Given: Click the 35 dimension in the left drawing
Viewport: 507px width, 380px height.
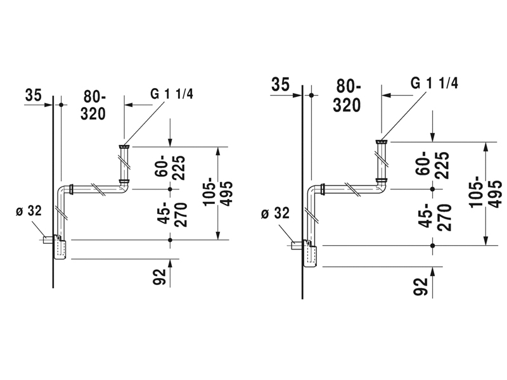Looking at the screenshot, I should pyautogui.click(x=34, y=95).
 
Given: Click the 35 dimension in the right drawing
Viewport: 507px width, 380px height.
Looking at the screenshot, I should pyautogui.click(x=281, y=84).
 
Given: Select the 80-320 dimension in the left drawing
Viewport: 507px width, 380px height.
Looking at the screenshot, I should pyautogui.click(x=94, y=104).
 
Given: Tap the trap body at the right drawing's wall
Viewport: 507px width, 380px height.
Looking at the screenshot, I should pyautogui.click(x=311, y=255).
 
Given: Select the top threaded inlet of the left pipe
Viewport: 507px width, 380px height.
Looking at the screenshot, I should pyautogui.click(x=124, y=147).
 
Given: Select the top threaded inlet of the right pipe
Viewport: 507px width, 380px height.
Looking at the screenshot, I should pyautogui.click(x=381, y=141).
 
